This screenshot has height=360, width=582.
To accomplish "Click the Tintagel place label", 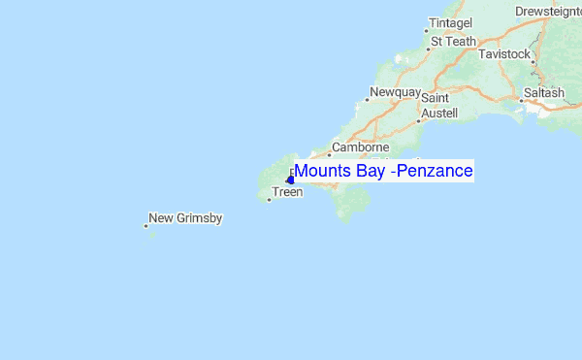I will tap(452, 22).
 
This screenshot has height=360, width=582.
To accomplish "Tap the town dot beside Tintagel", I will tap(426, 31).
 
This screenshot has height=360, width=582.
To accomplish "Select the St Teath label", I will tap(453, 42).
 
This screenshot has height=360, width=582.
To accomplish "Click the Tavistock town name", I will tap(505, 54).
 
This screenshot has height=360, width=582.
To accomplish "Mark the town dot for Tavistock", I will tap(533, 60).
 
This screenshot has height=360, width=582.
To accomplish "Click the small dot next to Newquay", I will tap(369, 99).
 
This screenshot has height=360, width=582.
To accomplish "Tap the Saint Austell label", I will tap(437, 106).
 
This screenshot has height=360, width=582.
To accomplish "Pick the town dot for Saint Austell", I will tap(418, 121).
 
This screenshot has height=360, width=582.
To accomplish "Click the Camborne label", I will tap(360, 147).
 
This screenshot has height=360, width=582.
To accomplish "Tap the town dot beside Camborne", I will tap(329, 154).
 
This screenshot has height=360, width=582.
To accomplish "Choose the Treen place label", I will tap(288, 192).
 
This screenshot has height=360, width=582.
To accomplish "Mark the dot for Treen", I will tap(269, 200).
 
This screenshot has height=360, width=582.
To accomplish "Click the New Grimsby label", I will tap(186, 218).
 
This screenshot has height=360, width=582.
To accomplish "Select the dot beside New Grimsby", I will tap(145, 226).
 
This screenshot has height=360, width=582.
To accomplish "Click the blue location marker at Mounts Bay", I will tap(290, 180).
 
